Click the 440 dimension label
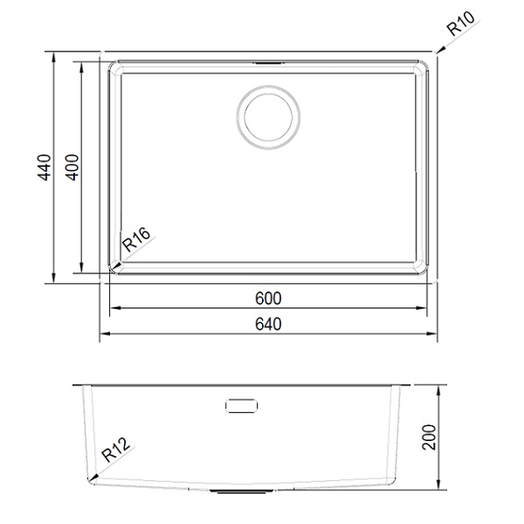click(45, 167)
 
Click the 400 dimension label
click(72, 167)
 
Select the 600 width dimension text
click(268, 298)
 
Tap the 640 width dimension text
click(268, 324)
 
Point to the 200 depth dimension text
click(429, 438)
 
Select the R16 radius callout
click(136, 239)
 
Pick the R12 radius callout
click(115, 450)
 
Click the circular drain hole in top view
click(268, 116)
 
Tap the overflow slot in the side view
click(241, 406)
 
